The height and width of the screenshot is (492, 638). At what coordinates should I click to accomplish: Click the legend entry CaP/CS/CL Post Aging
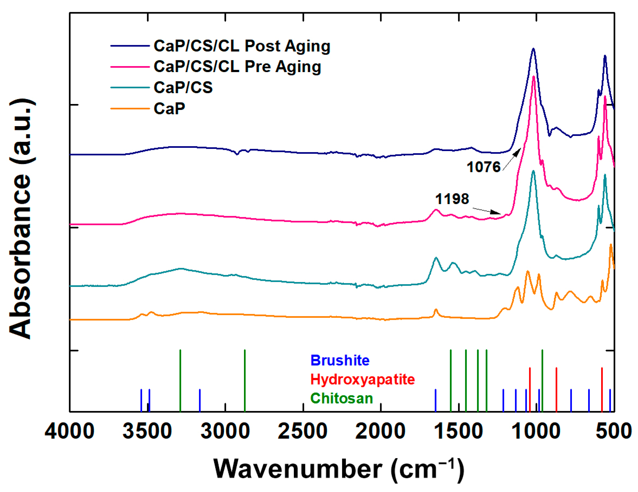click(242, 46)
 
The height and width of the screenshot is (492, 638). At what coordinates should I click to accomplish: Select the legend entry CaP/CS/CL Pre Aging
click(237, 67)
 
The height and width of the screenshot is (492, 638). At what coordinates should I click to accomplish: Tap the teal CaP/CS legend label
click(183, 87)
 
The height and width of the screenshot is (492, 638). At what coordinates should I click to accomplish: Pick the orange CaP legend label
click(170, 109)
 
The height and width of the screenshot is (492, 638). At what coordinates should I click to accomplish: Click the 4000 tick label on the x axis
click(70, 431)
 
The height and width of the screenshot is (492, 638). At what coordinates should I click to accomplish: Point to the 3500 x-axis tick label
click(147, 431)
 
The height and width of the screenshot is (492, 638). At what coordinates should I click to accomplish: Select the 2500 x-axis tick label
click(303, 431)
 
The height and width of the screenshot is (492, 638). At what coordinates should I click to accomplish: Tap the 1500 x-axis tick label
click(458, 431)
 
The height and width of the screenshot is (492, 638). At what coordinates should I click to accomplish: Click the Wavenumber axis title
click(339, 469)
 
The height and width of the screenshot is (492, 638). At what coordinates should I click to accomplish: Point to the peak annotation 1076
click(483, 167)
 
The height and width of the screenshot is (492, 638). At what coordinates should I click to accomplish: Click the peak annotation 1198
click(452, 199)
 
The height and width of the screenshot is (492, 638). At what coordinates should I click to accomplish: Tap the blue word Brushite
click(340, 360)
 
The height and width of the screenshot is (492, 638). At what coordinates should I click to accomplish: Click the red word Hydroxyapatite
click(363, 379)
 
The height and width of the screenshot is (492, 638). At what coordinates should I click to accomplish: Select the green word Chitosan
click(341, 398)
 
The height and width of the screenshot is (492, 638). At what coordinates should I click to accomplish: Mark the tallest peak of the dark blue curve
click(533, 49)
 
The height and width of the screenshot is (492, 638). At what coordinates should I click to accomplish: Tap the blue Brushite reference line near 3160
click(200, 400)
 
